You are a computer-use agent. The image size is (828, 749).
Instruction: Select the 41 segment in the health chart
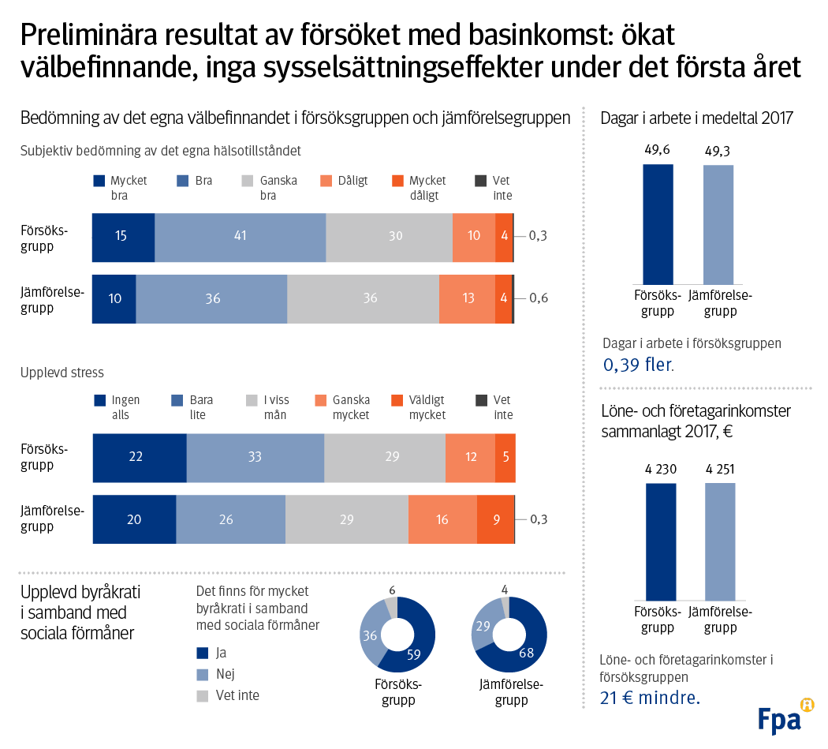pyautogui.click(x=240, y=238)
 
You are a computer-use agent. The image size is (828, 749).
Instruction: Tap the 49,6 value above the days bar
pyautogui.click(x=657, y=150)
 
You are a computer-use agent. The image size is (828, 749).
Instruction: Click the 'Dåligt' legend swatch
pyautogui.click(x=324, y=182)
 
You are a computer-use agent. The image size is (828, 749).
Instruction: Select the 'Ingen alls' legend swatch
pyautogui.click(x=99, y=401)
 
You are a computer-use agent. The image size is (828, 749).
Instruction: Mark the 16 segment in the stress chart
pyautogui.click(x=442, y=519)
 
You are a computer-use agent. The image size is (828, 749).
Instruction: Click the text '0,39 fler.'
pyautogui.click(x=639, y=365)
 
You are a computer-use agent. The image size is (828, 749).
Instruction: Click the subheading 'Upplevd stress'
pyautogui.click(x=62, y=372)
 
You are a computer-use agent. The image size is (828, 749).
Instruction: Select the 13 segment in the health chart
pyautogui.click(x=467, y=299)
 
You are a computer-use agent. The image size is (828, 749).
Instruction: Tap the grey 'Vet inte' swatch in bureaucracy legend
pyautogui.click(x=202, y=695)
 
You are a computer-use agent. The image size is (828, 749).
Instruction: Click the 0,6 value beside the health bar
pyautogui.click(x=539, y=298)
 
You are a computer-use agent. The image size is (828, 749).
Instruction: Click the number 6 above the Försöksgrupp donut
pyautogui.click(x=392, y=590)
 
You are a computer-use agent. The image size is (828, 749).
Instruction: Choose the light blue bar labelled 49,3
pyautogui.click(x=718, y=224)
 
